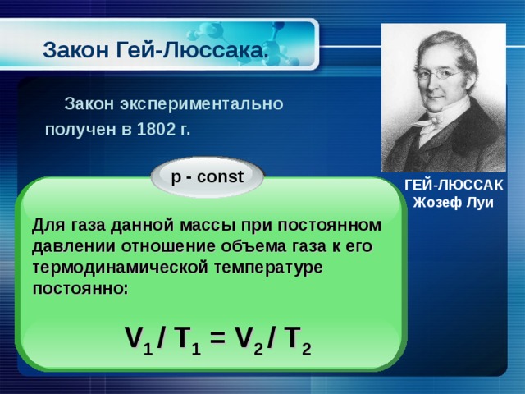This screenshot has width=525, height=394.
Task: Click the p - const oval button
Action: [x=207, y=176]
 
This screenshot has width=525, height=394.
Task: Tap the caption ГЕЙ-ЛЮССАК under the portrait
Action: [x=454, y=186]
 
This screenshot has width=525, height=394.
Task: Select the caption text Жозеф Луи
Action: [x=454, y=203]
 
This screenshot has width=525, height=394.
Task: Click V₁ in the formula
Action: [x=135, y=339]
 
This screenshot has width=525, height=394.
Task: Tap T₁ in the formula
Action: [x=185, y=339]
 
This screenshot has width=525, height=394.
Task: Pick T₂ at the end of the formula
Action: [x=296, y=339]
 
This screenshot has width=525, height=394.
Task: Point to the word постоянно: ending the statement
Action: [x=80, y=289]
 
